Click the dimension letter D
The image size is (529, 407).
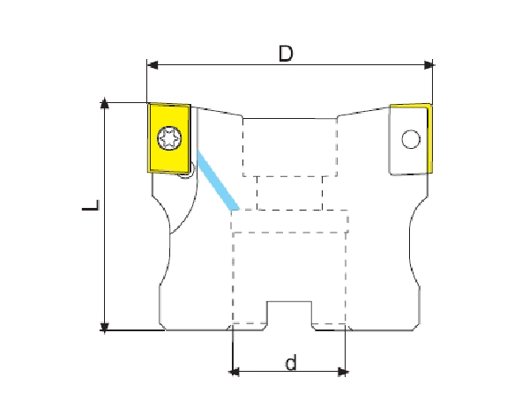tap(286, 54)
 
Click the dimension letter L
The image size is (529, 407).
tap(91, 205)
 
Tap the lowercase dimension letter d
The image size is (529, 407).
tap(291, 362)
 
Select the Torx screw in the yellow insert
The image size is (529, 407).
tap(169, 138)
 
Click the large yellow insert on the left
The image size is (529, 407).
tap(169, 138)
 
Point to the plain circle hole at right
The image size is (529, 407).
tap(411, 139)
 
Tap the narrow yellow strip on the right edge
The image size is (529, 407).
tap(429, 139)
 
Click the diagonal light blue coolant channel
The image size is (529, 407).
tap(218, 181)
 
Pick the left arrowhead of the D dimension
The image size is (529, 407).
tap(153, 64)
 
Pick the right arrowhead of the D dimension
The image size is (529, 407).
tap(428, 64)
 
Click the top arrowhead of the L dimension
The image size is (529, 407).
tap(105, 104)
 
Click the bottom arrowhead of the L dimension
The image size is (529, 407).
tap(105, 327)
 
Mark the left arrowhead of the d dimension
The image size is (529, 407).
tap(235, 372)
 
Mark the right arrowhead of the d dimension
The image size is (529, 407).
tap(342, 372)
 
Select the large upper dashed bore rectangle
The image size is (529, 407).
tap(290, 147)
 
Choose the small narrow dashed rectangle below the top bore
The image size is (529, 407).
tap(289, 193)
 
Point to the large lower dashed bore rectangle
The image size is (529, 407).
tap(289, 277)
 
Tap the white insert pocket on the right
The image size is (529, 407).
tap(408, 139)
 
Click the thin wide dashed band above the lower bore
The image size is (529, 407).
tap(289, 221)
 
